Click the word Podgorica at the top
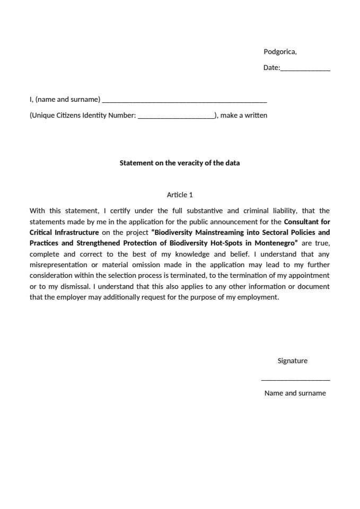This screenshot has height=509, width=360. (279, 52)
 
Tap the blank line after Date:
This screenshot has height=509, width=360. (305, 69)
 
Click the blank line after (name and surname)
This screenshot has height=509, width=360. (184, 100)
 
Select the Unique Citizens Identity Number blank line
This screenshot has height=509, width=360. (175, 116)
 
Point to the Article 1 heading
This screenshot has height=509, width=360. (180, 195)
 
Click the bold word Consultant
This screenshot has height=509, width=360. (301, 222)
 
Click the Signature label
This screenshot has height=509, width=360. (292, 361)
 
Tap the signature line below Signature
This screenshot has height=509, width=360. (295, 379)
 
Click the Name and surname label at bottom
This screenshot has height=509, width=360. (295, 393)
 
